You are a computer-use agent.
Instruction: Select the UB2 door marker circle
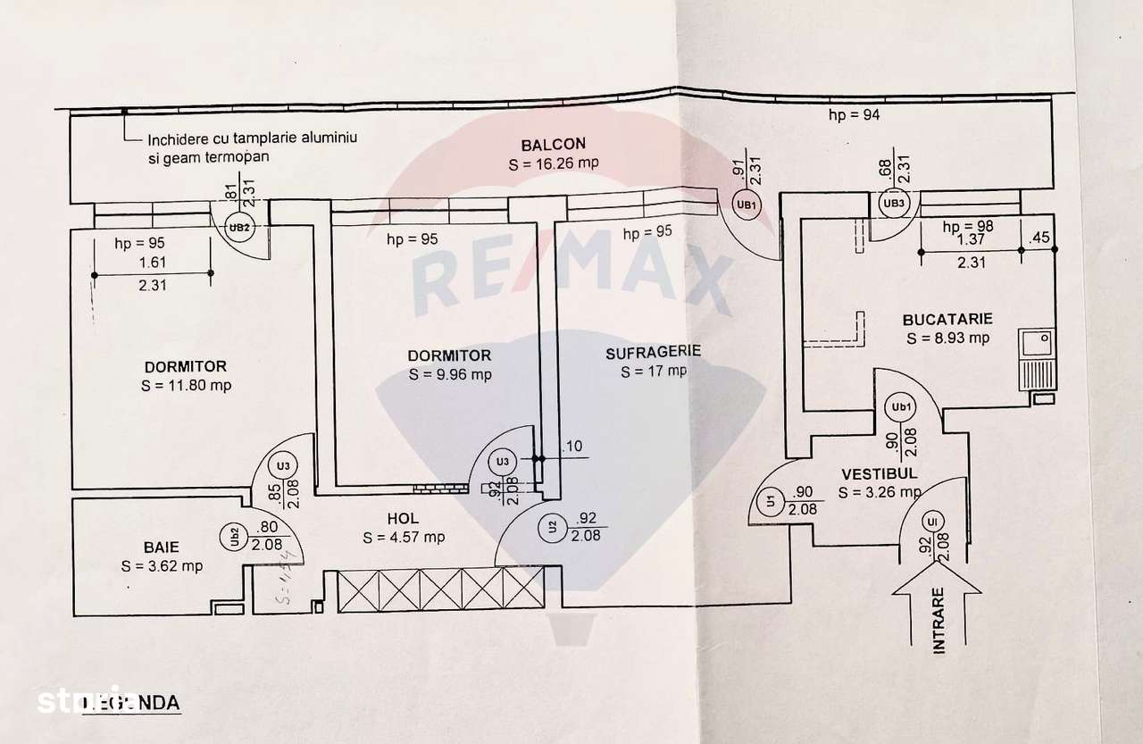point(237,227)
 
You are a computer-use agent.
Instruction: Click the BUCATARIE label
point(947,319)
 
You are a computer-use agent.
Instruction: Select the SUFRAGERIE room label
point(653,352)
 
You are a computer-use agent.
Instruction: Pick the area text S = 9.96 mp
point(450,374)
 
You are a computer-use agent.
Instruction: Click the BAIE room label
point(162,547)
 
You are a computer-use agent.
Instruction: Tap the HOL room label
point(403,518)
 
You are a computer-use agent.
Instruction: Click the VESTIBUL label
point(878,474)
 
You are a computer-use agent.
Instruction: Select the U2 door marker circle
point(552,526)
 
